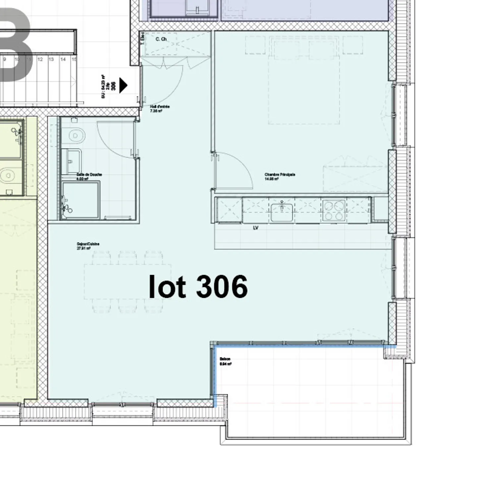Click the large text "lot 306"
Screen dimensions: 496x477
click(198, 287)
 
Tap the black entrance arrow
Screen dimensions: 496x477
click(123, 85)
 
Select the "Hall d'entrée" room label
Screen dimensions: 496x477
click(160, 109)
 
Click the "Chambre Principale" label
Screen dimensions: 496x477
click(280, 177)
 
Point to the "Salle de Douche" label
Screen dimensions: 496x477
click(89, 176)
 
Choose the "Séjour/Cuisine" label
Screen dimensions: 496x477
click(88, 246)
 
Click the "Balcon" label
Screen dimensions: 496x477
click(225, 361)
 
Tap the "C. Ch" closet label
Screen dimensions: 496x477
click(161, 39)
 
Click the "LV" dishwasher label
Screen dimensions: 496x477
click(255, 228)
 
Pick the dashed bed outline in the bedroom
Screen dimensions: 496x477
click(304, 89)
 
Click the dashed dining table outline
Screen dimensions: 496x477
click(128, 282)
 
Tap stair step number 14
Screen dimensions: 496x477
click(63, 59)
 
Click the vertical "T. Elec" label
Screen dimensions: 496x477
click(142, 38)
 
